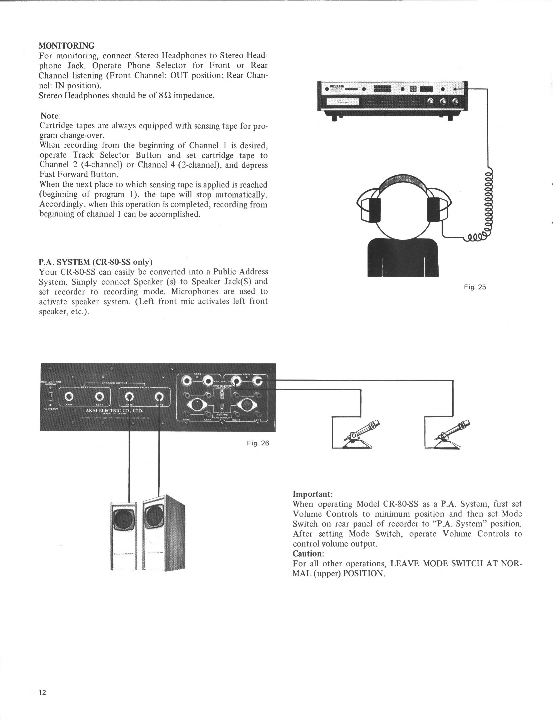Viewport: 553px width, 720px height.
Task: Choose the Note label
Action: point(50,116)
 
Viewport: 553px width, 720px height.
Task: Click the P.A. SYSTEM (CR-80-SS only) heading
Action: point(95,262)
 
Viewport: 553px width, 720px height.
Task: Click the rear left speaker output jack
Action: point(100,396)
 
